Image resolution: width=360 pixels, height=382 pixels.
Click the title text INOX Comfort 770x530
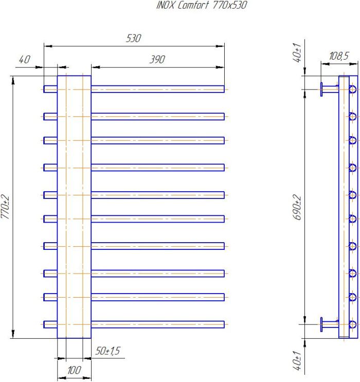pos(202,5)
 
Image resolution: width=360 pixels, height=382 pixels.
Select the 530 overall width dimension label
pos(134,38)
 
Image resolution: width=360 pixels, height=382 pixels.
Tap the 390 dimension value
pos(157,60)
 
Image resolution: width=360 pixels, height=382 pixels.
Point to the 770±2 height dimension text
pos(5,207)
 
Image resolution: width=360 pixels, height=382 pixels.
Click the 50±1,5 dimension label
pos(107,351)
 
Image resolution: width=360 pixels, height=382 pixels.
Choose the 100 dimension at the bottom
pos(74,370)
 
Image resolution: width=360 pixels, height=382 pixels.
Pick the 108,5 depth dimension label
pos(339,56)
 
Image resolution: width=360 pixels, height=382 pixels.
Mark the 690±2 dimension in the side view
pos(297,207)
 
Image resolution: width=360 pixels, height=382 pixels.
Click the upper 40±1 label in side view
pos(297,52)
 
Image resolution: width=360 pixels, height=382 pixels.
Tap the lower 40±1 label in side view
pos(297,360)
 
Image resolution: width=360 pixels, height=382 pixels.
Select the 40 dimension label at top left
pos(25,60)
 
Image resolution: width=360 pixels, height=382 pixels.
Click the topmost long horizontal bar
pos(158,89)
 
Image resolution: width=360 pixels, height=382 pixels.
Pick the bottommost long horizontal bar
pos(158,324)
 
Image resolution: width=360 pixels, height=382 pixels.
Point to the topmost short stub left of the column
pos(50,89)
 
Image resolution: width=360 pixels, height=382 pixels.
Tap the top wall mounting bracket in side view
pos(329,89)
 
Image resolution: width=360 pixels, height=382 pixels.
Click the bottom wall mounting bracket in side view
pos(329,324)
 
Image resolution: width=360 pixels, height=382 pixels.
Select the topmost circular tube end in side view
pos(352,89)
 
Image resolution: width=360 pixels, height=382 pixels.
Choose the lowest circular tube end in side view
pos(352,324)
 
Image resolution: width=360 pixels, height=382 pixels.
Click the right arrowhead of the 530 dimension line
pos(221,46)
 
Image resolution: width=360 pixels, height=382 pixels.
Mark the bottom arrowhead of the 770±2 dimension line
pos(13,334)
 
